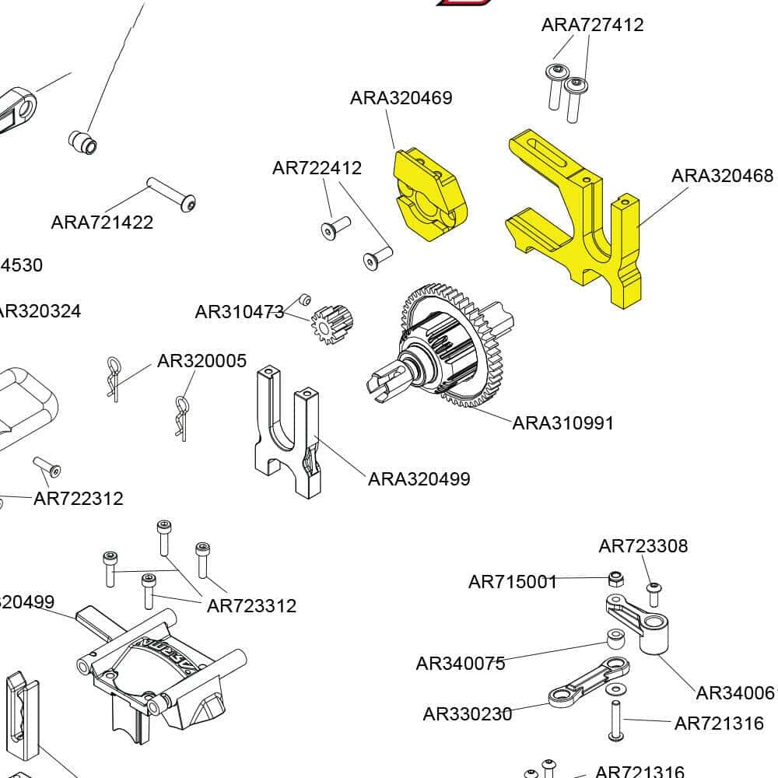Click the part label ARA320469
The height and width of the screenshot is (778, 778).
point(401,98)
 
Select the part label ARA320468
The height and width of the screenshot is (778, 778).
point(722,176)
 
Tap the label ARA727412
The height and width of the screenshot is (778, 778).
point(592,25)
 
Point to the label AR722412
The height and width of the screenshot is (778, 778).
point(317,168)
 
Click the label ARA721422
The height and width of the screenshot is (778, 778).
point(102,223)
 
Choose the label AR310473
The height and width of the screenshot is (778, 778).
point(239,313)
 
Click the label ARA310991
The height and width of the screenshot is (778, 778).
point(562,423)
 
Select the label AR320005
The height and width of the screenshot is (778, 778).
point(202,361)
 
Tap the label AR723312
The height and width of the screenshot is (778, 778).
point(251,606)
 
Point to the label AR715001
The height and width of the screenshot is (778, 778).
point(513,582)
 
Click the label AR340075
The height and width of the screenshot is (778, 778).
point(460,664)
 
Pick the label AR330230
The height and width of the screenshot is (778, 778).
point(467,714)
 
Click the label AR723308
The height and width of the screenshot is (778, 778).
point(643,546)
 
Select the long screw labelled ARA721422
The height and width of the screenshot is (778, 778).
point(171,194)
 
